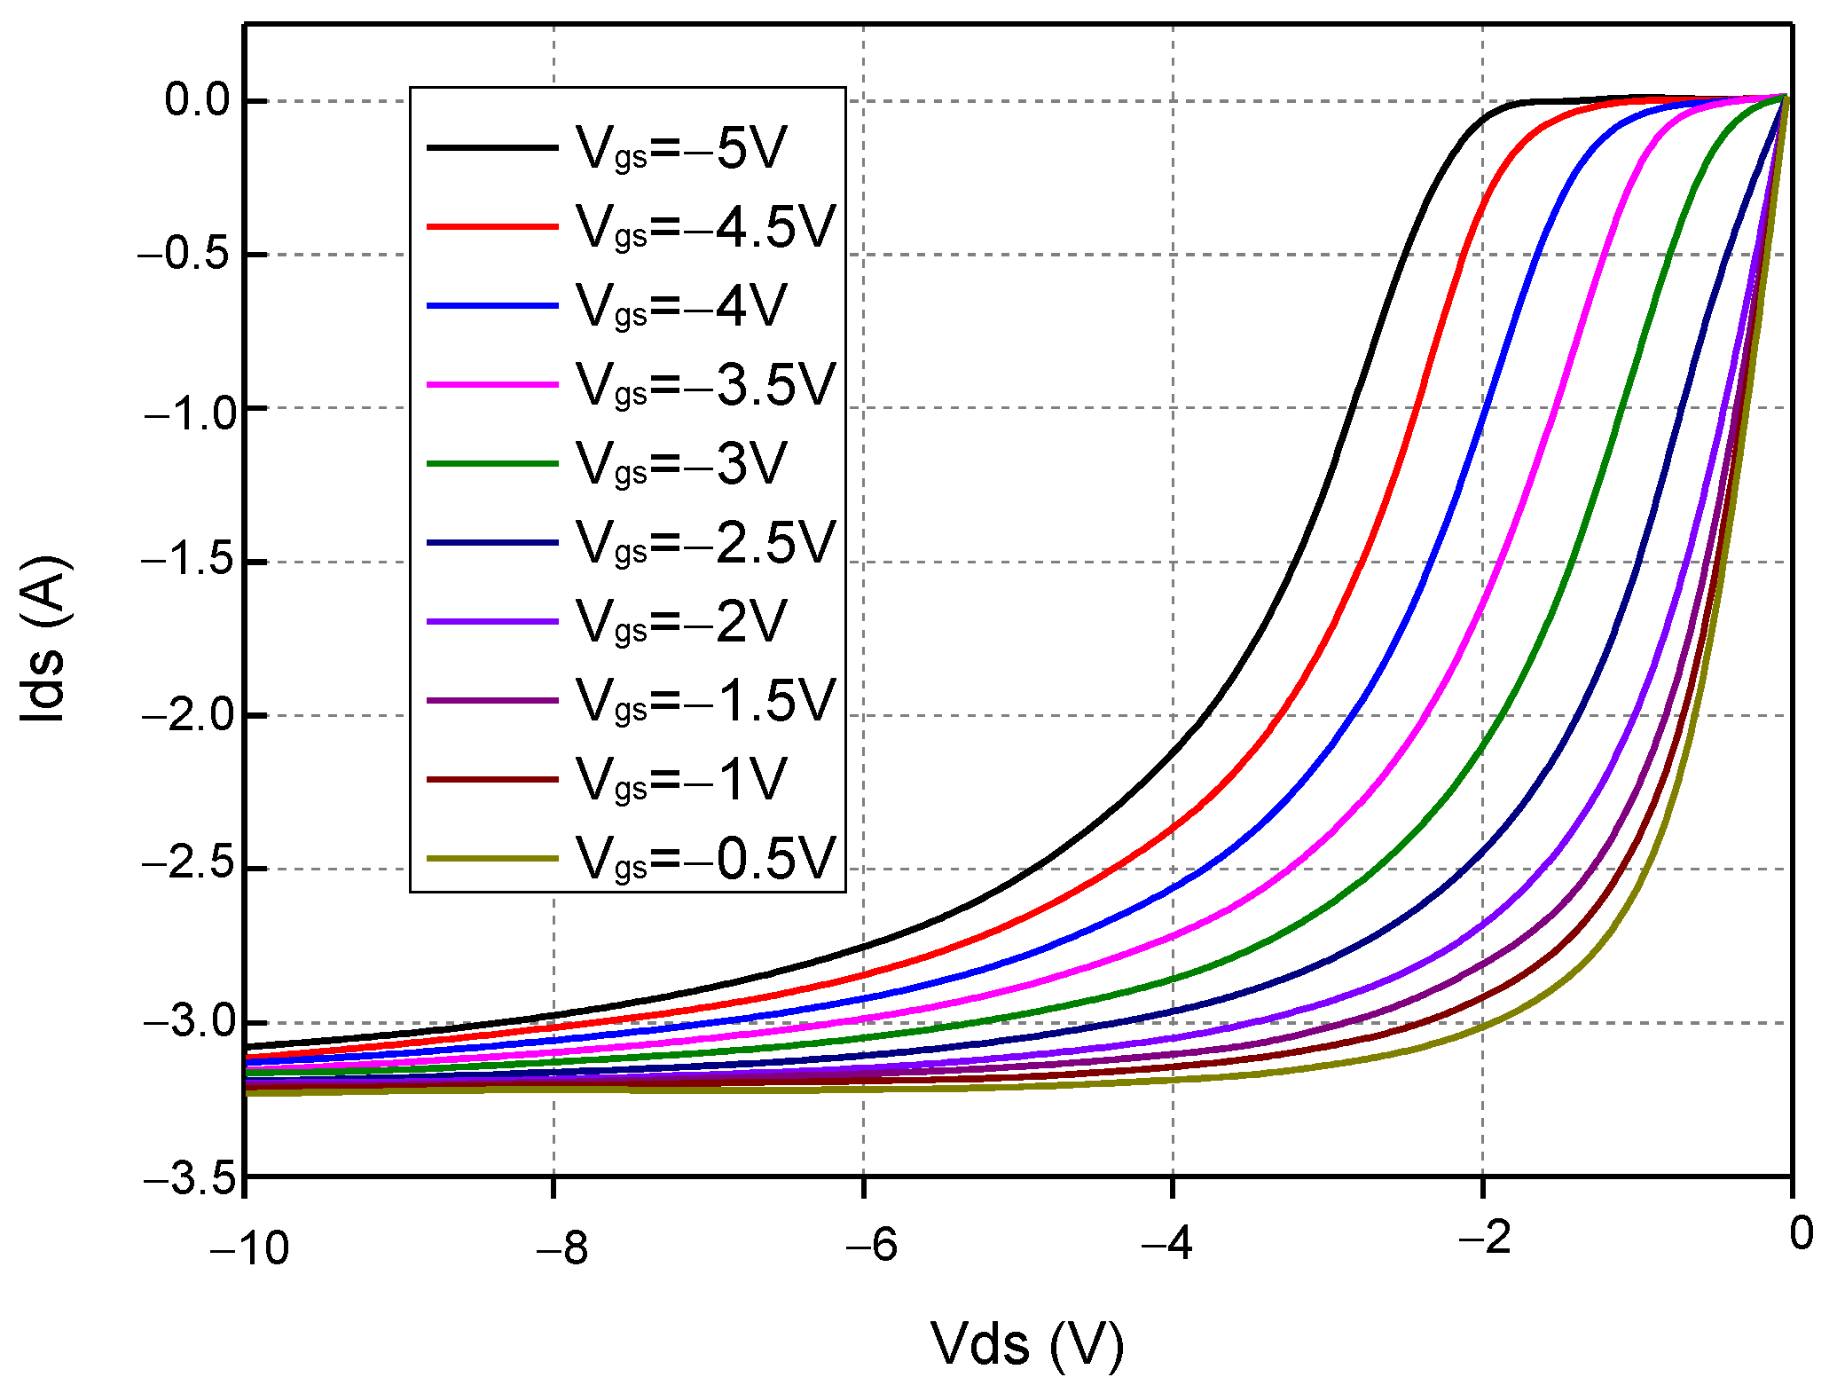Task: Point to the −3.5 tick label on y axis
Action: (190, 1180)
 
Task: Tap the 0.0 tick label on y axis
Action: (197, 100)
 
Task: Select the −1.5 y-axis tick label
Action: (190, 561)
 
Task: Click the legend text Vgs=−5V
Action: (680, 148)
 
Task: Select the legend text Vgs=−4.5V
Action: (705, 227)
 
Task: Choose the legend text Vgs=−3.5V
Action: (705, 385)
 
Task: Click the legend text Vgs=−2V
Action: (680, 622)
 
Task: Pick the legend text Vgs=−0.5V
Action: (705, 859)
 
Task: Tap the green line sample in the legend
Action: (492, 464)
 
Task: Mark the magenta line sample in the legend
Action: (492, 385)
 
